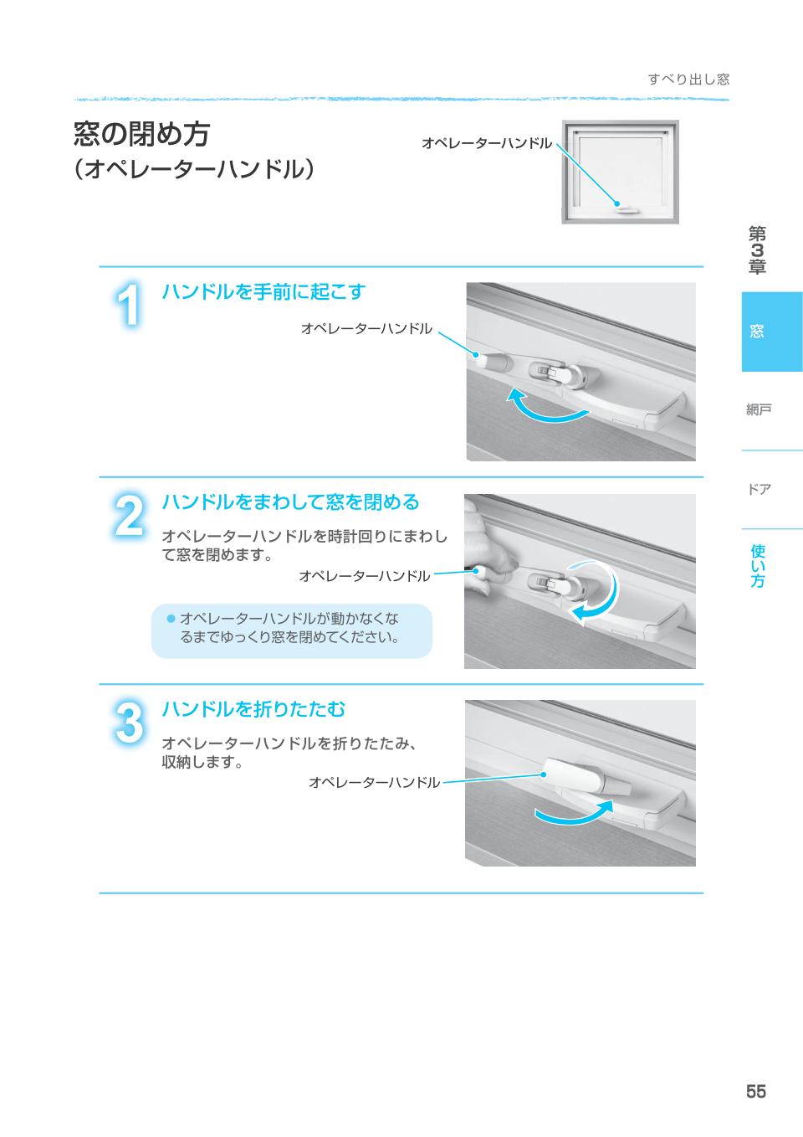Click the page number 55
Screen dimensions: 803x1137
[x=756, y=1091]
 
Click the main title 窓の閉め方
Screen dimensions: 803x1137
[x=141, y=134]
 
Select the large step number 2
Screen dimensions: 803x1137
[x=129, y=515]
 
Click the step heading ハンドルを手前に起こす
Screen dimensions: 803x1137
[x=263, y=291]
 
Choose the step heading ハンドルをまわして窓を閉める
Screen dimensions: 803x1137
[x=290, y=502]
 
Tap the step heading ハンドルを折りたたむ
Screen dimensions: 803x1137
[x=253, y=708]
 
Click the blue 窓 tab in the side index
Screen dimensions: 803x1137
[x=772, y=332]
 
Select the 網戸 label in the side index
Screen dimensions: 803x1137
[x=759, y=409]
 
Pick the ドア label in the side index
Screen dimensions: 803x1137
[x=759, y=489]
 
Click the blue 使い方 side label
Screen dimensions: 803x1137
[x=758, y=565]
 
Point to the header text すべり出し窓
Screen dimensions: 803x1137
[x=689, y=80]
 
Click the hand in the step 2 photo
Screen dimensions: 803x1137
[x=488, y=548]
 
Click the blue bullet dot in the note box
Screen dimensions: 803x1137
[x=171, y=618]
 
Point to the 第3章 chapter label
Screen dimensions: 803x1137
[x=757, y=250]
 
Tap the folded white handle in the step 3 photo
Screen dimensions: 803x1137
[x=587, y=776]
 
